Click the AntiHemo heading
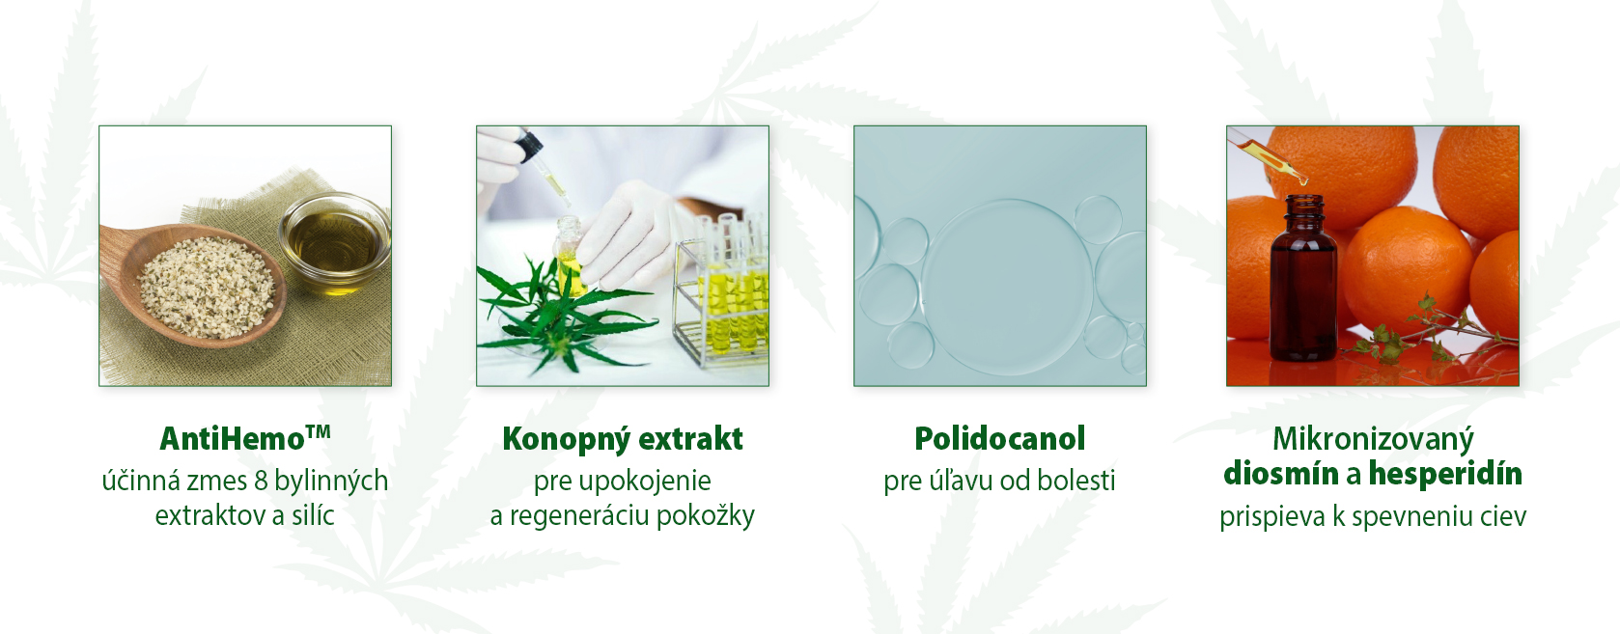[x=245, y=438]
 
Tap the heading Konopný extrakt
[x=623, y=439]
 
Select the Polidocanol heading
[x=999, y=438]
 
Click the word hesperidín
[x=1445, y=474]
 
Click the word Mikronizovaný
[x=1373, y=439]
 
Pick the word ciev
[x=1503, y=517]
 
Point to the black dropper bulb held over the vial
[x=529, y=144]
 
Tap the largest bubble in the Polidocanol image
[x=1007, y=287]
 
